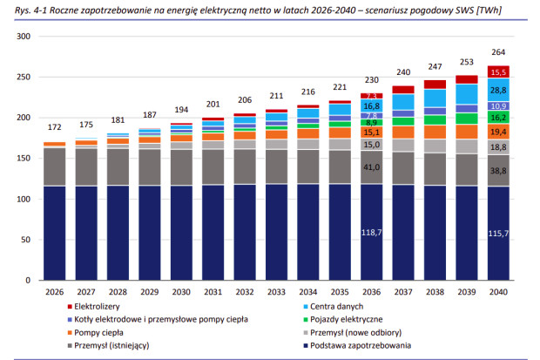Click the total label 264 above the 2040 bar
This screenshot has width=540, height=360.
[497, 51]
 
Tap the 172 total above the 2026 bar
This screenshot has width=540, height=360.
[55, 126]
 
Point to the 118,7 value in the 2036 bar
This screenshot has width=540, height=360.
[372, 232]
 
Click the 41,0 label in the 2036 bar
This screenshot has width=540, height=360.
[372, 166]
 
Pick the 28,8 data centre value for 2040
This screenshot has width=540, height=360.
[497, 90]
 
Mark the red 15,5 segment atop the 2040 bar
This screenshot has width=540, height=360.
[497, 71]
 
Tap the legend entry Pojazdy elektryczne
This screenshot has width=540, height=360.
[344, 319]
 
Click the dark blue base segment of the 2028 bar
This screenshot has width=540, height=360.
[118, 235]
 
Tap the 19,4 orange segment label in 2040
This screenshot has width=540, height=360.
[497, 132]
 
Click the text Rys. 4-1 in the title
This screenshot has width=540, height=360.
[21, 9]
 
